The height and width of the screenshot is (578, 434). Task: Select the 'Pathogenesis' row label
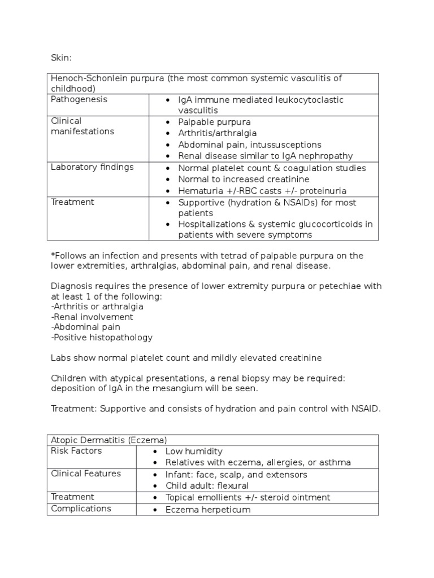pyautogui.click(x=79, y=99)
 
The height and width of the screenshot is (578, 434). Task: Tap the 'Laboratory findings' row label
pyautogui.click(x=92, y=167)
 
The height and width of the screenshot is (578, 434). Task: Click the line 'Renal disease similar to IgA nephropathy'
pyautogui.click(x=265, y=156)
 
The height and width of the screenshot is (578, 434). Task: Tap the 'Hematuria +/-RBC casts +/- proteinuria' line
pyautogui.click(x=262, y=191)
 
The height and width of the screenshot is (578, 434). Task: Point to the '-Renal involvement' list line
pyautogui.click(x=92, y=317)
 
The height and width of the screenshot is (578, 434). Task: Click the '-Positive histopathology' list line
pyautogui.click(x=102, y=338)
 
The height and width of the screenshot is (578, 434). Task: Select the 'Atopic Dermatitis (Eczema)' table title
pyautogui.click(x=108, y=440)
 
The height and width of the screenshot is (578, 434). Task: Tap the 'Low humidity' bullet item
pyautogui.click(x=194, y=452)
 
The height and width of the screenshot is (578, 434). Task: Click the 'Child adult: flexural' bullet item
pyautogui.click(x=207, y=485)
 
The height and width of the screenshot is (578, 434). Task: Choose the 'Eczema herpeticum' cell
pyautogui.click(x=207, y=510)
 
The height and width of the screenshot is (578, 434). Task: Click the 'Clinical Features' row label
pyautogui.click(x=86, y=474)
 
